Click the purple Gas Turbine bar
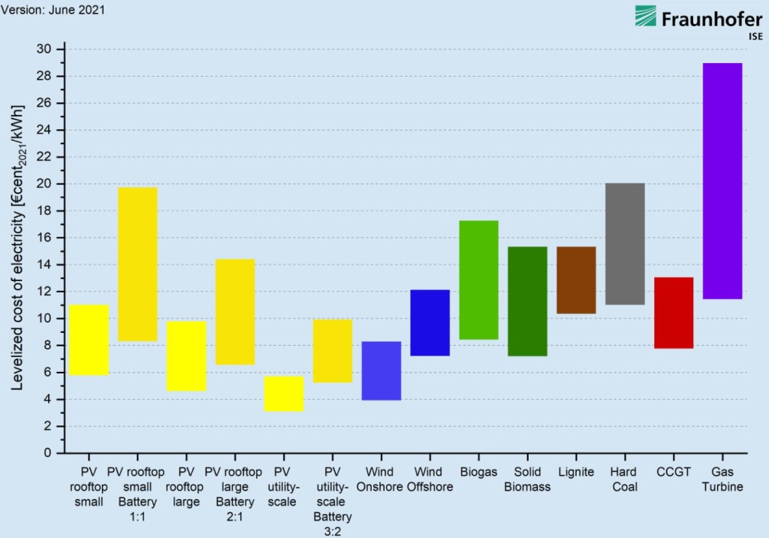722,181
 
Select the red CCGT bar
674,313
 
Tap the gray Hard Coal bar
625,243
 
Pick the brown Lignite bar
576,280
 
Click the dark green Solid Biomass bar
527,301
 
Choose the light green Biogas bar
478,280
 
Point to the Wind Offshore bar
430,322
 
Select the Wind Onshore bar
381,370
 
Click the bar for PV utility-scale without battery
283,394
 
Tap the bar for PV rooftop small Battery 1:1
137,264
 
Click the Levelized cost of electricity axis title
17,246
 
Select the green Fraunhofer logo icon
644,17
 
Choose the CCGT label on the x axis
674,472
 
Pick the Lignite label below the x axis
576,472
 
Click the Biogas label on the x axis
478,472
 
